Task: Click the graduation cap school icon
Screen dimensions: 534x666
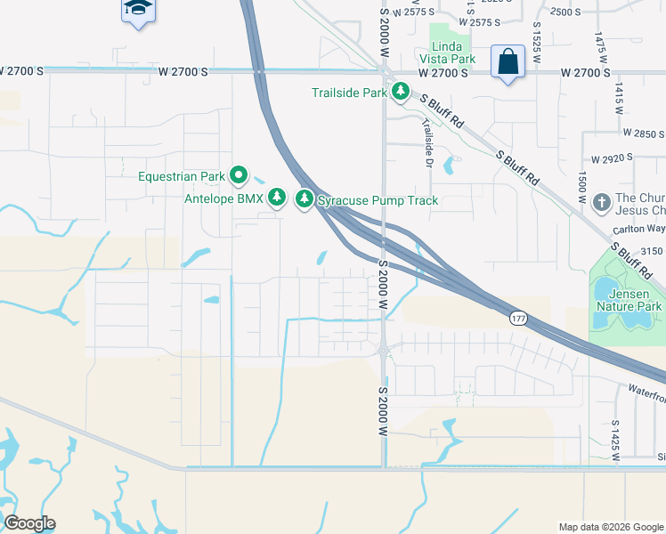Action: (x=136, y=9)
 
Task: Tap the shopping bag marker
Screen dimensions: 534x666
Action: (x=508, y=62)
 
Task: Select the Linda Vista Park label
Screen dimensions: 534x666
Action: (x=452, y=53)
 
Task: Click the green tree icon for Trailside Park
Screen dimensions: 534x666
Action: (x=401, y=92)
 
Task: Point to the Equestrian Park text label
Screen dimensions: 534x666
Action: (x=182, y=176)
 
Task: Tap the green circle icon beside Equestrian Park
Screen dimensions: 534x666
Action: (x=238, y=176)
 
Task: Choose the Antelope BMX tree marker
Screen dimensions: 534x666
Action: (x=277, y=198)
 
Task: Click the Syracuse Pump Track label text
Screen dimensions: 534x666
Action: (x=378, y=200)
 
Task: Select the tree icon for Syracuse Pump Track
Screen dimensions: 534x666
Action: (x=305, y=198)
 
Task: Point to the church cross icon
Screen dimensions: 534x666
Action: (x=601, y=203)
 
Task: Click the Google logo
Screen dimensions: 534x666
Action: (x=29, y=523)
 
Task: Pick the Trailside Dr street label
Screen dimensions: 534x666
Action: (x=427, y=143)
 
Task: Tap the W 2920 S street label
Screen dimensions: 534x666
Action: (x=605, y=158)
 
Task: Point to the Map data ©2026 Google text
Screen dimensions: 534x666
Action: (x=611, y=527)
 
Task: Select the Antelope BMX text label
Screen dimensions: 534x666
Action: (x=223, y=198)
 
